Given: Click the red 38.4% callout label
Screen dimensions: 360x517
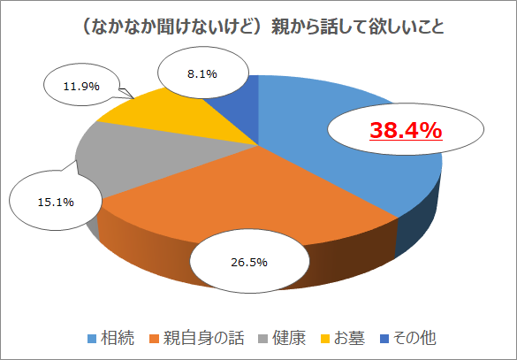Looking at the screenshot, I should (406, 132).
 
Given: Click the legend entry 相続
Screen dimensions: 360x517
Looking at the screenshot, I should (117, 338).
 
